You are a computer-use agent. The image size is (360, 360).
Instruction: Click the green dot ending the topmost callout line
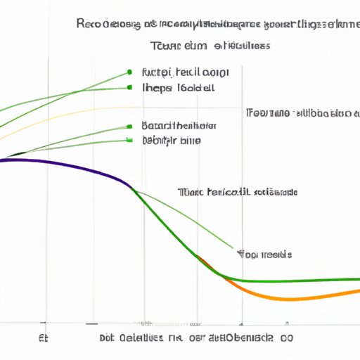click(130, 72)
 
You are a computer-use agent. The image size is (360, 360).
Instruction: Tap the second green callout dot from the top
click(130, 88)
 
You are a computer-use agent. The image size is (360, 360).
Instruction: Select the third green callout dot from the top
click(130, 127)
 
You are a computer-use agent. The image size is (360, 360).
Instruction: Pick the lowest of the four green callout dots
click(130, 140)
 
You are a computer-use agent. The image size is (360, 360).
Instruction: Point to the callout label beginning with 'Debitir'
click(171, 140)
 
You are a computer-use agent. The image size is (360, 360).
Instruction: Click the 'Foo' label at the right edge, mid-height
click(302, 112)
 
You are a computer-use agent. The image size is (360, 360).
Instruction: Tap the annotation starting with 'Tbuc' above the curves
click(238, 192)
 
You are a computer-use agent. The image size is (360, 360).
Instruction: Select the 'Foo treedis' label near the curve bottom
click(266, 254)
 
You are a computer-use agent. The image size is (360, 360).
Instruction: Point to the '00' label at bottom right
click(287, 338)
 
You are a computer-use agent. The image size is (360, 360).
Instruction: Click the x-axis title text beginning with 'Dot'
click(190, 338)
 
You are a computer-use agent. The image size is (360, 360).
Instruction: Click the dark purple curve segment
click(70, 167)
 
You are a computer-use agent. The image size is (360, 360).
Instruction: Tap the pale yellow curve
click(105, 109)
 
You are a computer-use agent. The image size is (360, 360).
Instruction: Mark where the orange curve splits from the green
click(200, 259)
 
